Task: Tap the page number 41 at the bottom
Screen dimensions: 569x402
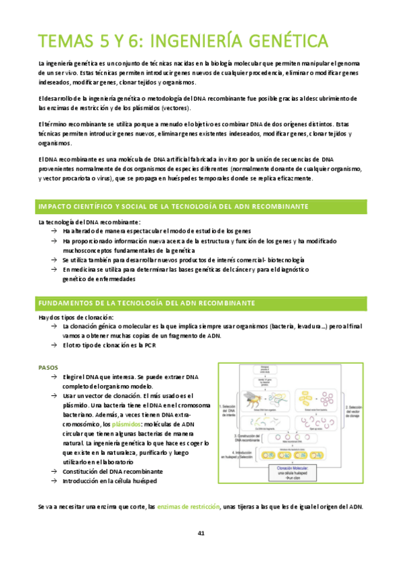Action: [201, 533]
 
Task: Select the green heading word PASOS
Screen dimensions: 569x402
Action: [48, 367]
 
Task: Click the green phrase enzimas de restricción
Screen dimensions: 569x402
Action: [188, 506]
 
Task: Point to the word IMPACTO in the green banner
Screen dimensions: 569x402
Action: [58, 206]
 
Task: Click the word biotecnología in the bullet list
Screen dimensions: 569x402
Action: [285, 260]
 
